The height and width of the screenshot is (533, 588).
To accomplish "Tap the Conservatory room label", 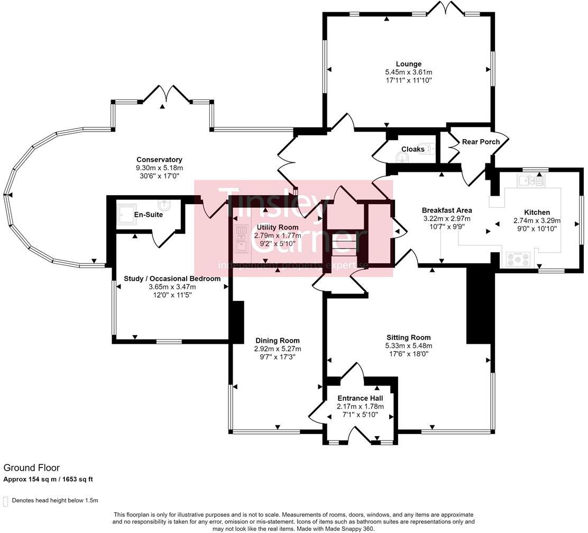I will click(x=159, y=160).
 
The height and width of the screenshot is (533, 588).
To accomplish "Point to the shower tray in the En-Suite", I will click(x=125, y=213).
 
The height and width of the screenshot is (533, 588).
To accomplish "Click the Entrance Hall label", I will click(x=360, y=398).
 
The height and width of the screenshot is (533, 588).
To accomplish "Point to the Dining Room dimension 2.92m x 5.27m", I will click(x=277, y=349).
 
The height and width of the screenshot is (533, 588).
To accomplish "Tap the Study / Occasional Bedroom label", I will click(x=172, y=279).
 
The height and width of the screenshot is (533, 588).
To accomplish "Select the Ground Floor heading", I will click(x=32, y=468).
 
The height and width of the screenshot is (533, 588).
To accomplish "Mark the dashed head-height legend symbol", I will click(x=5, y=501).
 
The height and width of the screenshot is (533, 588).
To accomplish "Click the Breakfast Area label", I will click(x=447, y=210).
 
